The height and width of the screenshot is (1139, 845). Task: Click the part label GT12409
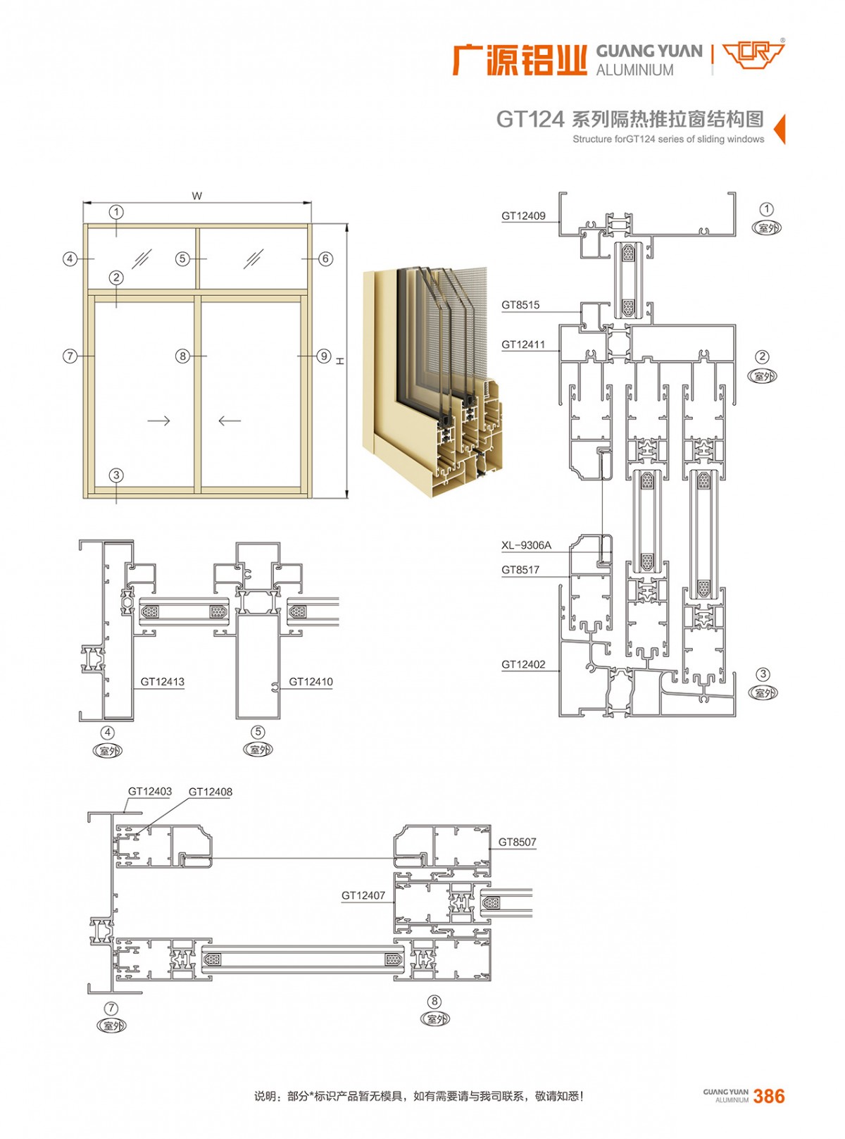pyautogui.click(x=523, y=216)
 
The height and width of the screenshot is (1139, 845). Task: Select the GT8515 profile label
pyautogui.click(x=520, y=305)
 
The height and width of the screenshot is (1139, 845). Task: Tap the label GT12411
pyautogui.click(x=522, y=344)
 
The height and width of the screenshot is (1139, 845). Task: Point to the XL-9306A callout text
pyautogui.click(x=526, y=545)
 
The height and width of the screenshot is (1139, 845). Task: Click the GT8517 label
pyautogui.click(x=520, y=569)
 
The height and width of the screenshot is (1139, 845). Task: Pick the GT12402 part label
pyautogui.click(x=523, y=664)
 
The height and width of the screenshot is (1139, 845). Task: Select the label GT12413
pyautogui.click(x=162, y=681)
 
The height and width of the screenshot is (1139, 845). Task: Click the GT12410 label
pyautogui.click(x=311, y=681)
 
